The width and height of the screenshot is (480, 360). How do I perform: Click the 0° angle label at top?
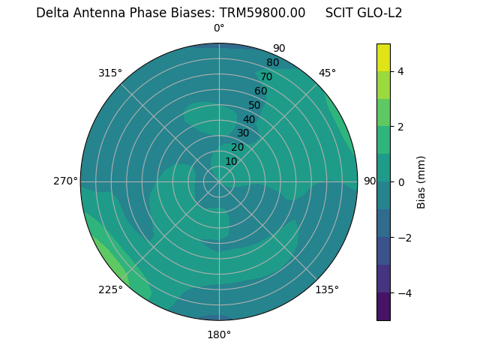click(219, 28)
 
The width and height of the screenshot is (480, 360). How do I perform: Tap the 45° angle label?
click(327, 73)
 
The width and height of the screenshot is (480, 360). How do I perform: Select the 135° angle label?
click(327, 289)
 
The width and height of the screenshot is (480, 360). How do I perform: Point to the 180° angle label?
click(219, 334)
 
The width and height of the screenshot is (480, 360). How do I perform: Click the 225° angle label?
click(110, 289)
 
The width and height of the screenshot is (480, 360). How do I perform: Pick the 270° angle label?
click(65, 181)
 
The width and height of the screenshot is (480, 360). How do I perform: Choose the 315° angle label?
click(110, 73)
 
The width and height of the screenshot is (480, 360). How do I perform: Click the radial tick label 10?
click(231, 161)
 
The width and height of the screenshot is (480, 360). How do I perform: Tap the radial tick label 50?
click(254, 105)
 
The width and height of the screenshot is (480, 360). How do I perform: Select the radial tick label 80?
click(272, 62)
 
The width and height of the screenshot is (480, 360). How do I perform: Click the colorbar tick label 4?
click(401, 71)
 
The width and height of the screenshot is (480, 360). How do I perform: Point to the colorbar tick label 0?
click(401, 182)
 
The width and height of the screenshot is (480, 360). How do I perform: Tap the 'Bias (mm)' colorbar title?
click(421, 182)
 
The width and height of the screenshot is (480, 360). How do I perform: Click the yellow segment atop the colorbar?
click(383, 57)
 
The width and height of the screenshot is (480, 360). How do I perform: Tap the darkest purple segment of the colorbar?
click(383, 307)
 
